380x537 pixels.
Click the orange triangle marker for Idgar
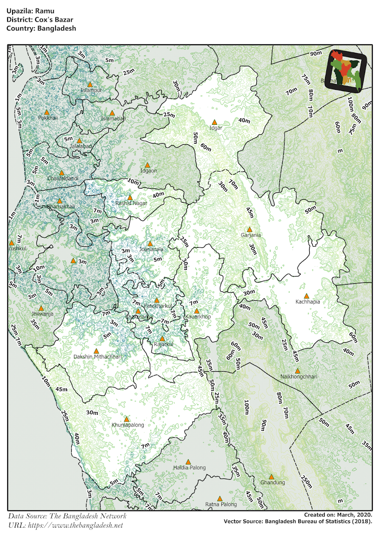point(214,122)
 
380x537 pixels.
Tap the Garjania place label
point(250,235)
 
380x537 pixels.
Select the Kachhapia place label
point(307,302)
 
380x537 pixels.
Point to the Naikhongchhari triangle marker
point(297,371)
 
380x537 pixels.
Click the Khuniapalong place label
point(128,425)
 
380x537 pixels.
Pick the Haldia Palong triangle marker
point(188,462)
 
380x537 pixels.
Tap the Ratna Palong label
point(220,505)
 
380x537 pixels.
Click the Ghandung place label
point(272,483)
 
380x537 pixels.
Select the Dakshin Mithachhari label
point(97,357)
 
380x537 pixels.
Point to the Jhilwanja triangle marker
point(41,308)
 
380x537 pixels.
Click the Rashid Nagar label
point(131,203)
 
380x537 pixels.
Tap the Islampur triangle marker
point(90,84)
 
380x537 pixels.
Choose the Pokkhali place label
point(48,118)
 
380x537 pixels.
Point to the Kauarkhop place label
point(198,317)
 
